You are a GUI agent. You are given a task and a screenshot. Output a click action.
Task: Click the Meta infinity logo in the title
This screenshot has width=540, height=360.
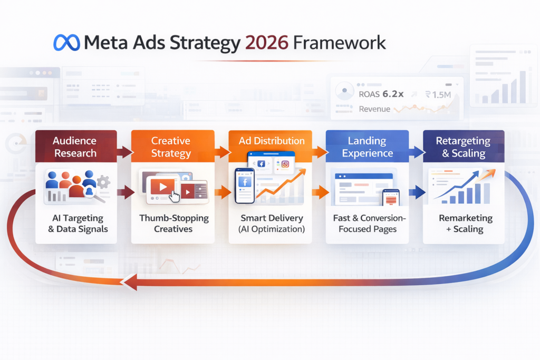66,43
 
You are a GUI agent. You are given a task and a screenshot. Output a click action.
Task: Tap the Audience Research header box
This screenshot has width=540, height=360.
75,147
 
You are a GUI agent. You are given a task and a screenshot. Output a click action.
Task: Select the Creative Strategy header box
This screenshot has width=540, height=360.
171,147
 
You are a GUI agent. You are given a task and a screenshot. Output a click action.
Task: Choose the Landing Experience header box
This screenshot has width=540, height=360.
368,147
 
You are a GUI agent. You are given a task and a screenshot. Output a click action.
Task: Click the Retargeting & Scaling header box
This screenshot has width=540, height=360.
464,147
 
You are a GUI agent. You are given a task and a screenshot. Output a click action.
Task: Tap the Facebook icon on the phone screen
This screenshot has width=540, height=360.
244,182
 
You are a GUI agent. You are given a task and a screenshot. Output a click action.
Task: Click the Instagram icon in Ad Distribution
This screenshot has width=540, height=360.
285,164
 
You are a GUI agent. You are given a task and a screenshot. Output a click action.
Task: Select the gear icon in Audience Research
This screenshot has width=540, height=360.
103,182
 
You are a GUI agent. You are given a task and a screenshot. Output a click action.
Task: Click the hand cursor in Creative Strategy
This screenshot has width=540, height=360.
174,195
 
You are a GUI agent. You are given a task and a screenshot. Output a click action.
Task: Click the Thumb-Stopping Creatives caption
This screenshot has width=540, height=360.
173,223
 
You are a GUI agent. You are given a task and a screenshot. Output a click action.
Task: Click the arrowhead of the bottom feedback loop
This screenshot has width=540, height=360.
128,284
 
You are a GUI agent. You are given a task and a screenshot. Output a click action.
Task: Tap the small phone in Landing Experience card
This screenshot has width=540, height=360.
391,198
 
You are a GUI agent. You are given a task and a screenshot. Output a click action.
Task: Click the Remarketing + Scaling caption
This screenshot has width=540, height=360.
465,223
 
